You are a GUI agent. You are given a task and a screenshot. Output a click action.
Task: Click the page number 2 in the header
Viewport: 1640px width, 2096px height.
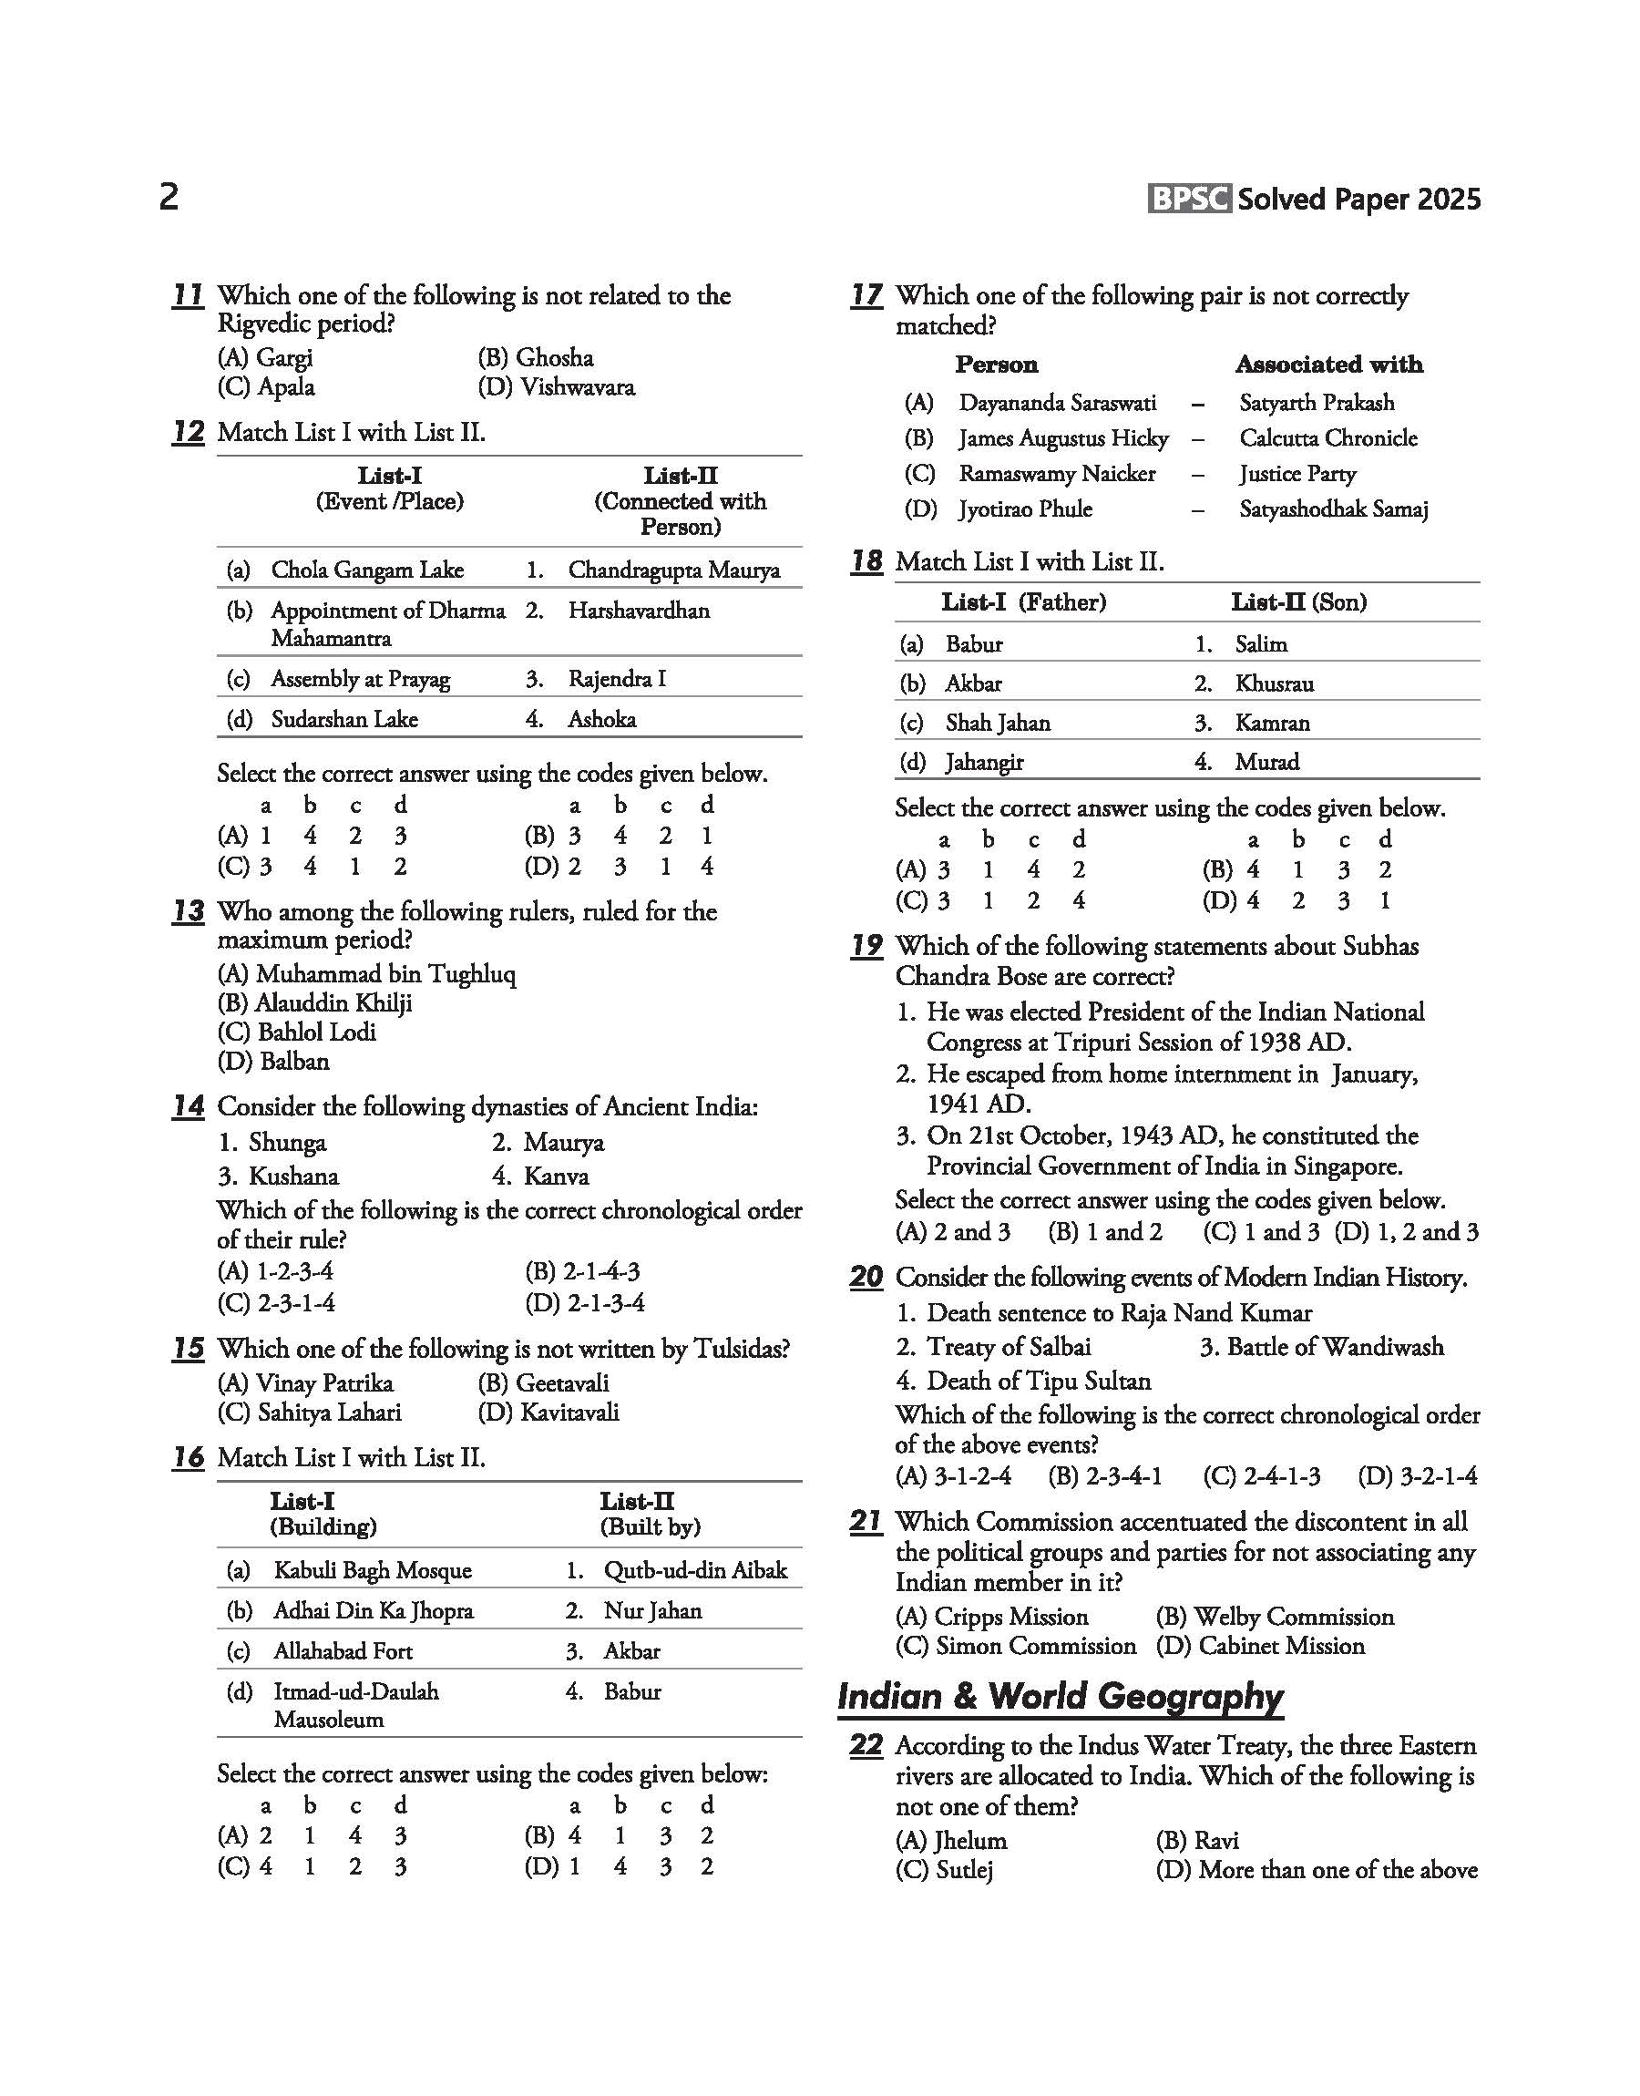coord(168,198)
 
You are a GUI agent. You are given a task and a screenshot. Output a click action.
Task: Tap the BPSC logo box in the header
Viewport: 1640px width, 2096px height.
coord(1190,199)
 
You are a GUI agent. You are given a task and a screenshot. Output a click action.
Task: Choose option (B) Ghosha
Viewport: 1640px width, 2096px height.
coord(536,358)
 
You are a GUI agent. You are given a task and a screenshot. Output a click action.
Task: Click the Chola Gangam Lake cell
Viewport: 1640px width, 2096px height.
coord(367,570)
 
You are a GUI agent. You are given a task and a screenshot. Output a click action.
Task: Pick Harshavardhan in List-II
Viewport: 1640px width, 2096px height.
coord(639,611)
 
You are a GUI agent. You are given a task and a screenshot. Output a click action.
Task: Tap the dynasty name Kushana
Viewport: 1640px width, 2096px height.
coord(292,1176)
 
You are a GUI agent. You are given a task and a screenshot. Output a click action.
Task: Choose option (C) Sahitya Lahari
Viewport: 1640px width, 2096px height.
coord(310,1413)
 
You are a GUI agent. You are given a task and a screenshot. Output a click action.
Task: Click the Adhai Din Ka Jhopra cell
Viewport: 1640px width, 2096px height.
coord(373,1611)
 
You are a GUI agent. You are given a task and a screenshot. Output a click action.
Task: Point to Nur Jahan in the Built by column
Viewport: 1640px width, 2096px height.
coord(652,1611)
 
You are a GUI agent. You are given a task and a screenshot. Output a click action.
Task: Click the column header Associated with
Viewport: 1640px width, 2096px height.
coord(1329,365)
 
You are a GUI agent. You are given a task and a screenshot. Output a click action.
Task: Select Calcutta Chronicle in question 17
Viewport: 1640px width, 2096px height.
coord(1327,438)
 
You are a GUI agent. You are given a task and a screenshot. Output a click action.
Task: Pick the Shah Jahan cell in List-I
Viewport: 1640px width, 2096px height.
coord(998,723)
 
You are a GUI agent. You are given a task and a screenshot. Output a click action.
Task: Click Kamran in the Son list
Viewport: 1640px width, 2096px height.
coord(1272,723)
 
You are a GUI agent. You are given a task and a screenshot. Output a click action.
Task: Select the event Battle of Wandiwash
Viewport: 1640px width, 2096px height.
coord(1322,1347)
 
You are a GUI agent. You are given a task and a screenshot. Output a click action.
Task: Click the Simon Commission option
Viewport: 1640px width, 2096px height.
coord(1016,1646)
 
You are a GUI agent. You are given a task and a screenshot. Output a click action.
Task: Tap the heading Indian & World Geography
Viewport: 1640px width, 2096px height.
coord(1060,1697)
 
